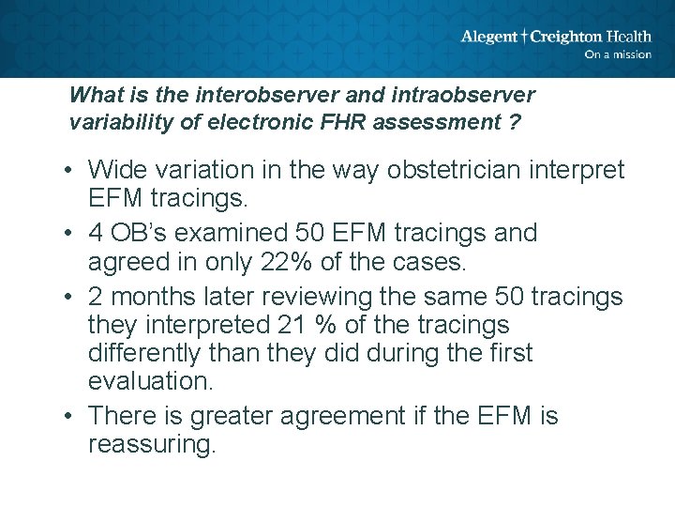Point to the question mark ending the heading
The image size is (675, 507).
tap(517, 122)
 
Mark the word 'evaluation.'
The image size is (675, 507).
tap(148, 381)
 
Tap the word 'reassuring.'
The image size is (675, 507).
tap(151, 444)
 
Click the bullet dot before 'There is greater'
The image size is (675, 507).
tap(70, 416)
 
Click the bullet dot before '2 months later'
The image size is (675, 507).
tap(70, 297)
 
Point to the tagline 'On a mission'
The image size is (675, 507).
tap(618, 54)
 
